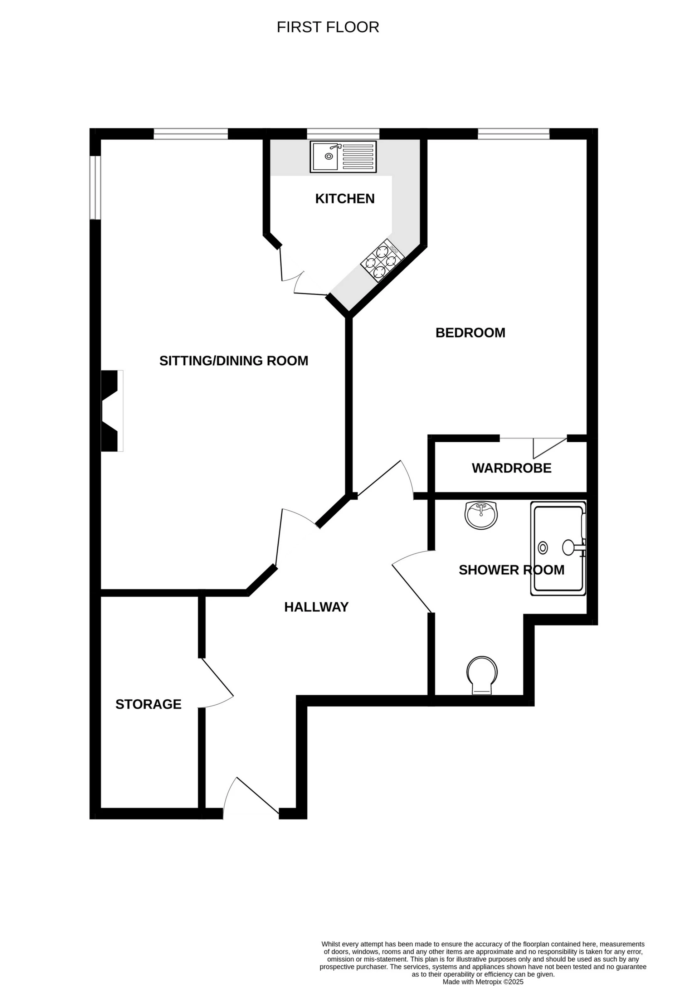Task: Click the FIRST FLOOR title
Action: click(328, 27)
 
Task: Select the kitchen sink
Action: click(343, 157)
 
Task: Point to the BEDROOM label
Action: click(470, 332)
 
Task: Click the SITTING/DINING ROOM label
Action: click(234, 360)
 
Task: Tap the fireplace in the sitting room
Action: click(111, 411)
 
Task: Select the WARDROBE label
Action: click(511, 468)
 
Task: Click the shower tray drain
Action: click(543, 548)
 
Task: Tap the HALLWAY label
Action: click(316, 607)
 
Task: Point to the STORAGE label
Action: click(148, 704)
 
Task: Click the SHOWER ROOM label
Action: click(511, 570)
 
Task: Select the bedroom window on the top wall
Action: click(513, 134)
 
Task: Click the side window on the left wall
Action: click(95, 187)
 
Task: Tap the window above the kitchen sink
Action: click(343, 134)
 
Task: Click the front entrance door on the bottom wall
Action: click(251, 798)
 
